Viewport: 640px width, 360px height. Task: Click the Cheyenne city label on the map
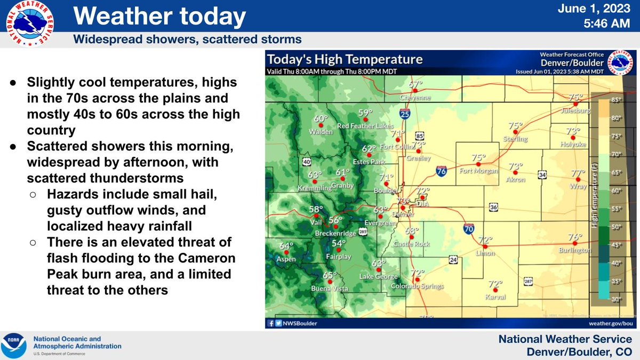[415, 98]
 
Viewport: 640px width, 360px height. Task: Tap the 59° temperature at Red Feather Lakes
[365, 113]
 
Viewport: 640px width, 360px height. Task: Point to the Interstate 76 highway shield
[441, 171]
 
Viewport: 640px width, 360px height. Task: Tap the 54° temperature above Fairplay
[339, 244]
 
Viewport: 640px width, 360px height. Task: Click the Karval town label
[495, 297]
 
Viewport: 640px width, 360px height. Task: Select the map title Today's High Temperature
[345, 59]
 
